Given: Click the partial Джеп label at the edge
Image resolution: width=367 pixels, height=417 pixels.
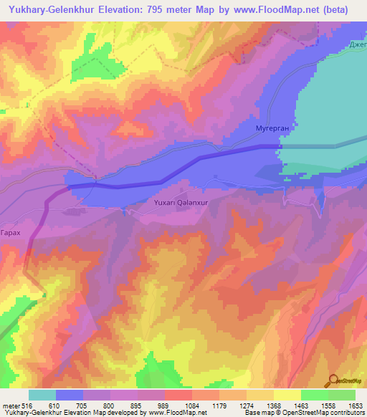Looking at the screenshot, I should (357, 47).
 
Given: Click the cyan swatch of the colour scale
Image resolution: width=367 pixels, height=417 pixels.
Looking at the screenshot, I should (42, 395).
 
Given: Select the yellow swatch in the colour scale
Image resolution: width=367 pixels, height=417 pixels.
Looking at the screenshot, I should (287, 395).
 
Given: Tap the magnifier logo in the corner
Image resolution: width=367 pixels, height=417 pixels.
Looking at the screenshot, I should (334, 380).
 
